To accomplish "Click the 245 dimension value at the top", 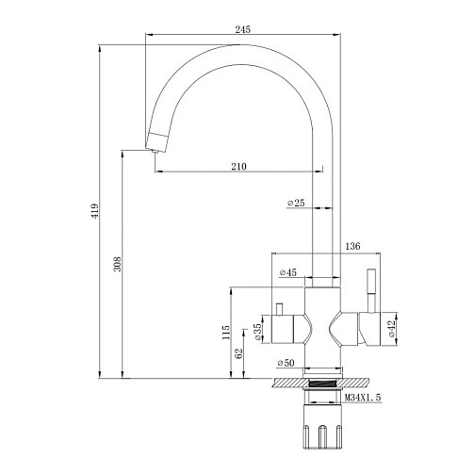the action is (x=243, y=29).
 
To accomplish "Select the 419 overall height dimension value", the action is (x=95, y=211).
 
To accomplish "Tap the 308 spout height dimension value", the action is (x=117, y=264).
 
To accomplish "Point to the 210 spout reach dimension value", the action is (x=239, y=167).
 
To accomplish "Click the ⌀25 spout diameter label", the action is (x=296, y=203).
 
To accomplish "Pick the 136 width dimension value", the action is (x=352, y=246).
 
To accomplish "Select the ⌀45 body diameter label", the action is (x=288, y=272).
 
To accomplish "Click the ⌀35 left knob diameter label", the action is (x=257, y=332).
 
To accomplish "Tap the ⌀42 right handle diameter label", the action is (x=391, y=329).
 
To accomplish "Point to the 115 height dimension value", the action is (x=225, y=332).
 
